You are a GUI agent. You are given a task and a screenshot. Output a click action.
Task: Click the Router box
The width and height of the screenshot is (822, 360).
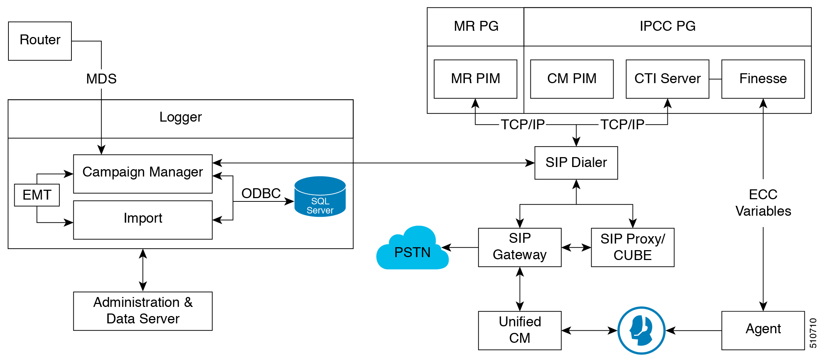click(x=40, y=41)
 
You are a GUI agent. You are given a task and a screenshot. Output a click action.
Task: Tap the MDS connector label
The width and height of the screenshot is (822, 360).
click(x=101, y=79)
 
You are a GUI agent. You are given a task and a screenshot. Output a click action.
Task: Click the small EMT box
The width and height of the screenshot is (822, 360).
click(x=37, y=195)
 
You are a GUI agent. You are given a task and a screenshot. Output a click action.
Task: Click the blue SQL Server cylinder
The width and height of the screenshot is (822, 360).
click(x=320, y=198)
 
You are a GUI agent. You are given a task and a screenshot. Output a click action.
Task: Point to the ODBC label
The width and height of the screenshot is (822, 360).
click(x=261, y=193)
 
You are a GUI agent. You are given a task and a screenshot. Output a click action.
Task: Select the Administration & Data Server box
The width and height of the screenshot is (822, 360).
click(x=142, y=311)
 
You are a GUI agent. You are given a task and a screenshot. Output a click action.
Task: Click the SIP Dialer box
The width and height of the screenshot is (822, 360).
click(x=576, y=163)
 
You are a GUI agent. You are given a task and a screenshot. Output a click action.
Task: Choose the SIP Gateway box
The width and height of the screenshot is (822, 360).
click(x=519, y=247)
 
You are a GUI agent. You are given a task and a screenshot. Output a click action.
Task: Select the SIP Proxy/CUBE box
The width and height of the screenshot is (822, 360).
click(x=632, y=247)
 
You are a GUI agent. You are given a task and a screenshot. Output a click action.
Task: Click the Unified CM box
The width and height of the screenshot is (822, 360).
click(x=519, y=330)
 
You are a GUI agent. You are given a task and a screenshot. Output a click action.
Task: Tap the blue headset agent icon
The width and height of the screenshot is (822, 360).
click(x=641, y=330)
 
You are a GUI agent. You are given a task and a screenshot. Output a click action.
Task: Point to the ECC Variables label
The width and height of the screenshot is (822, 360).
click(x=763, y=203)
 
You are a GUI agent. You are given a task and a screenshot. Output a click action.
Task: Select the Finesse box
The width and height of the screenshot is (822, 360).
click(x=763, y=79)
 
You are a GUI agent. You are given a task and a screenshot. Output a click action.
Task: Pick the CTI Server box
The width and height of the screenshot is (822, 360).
click(x=667, y=79)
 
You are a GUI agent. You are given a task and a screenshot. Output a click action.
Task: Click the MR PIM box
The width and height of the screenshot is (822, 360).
click(x=475, y=79)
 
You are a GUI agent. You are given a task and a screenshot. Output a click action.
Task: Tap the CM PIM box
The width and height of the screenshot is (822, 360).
click(x=571, y=79)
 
